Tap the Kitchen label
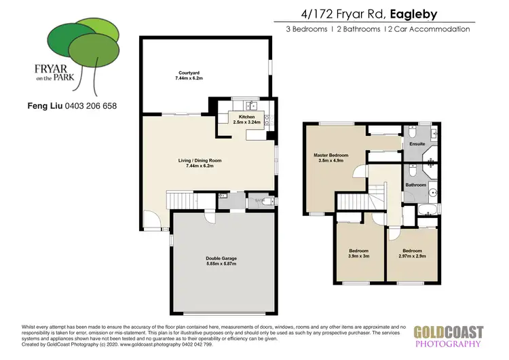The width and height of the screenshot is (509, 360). (246, 118)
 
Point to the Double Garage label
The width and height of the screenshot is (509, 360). (221, 258)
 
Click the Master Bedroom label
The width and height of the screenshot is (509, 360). (331, 155)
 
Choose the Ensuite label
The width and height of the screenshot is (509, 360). (417, 144)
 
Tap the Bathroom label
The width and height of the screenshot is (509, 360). (415, 185)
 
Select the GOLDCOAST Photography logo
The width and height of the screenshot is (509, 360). (449, 337)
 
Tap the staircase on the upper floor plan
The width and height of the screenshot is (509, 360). (352, 201)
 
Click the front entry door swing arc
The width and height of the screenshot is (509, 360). (152, 221)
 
